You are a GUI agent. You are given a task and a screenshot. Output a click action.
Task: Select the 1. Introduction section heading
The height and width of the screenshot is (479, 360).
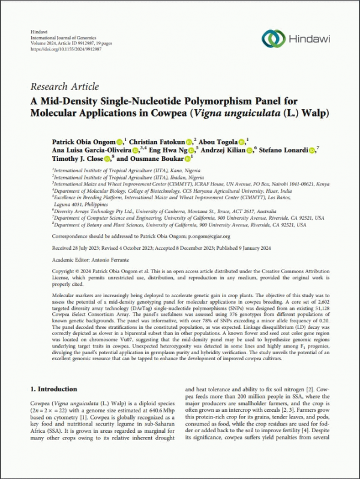(53, 389)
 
